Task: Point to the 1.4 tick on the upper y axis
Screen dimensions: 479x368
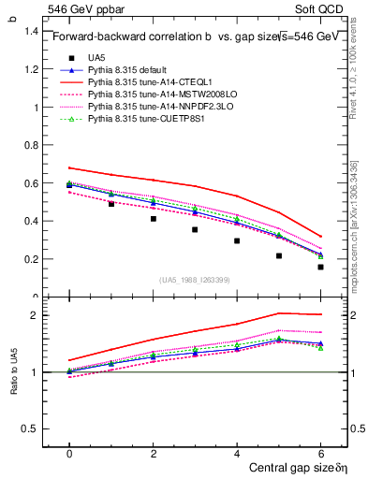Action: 29,31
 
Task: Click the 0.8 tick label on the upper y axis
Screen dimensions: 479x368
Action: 29,145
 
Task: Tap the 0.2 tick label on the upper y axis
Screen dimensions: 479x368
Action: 29,259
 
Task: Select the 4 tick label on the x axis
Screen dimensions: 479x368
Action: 237,453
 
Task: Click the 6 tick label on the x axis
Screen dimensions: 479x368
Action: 320,453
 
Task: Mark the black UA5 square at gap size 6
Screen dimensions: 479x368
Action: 320,267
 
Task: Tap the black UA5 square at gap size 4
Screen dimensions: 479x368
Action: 237,240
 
